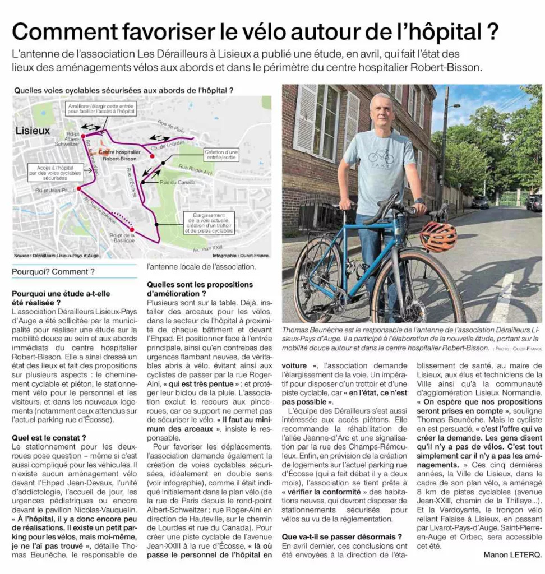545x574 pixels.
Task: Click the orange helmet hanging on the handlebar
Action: pos(439,237)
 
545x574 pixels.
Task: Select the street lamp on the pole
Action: pos(454,106)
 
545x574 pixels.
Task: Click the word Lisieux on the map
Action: pos(33,131)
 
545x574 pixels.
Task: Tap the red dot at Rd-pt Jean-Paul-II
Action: pos(79,189)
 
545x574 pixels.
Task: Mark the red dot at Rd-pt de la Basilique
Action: pos(132,229)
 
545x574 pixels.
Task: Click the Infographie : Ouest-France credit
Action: pos(241,256)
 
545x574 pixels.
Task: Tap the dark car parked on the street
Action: pos(480,202)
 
